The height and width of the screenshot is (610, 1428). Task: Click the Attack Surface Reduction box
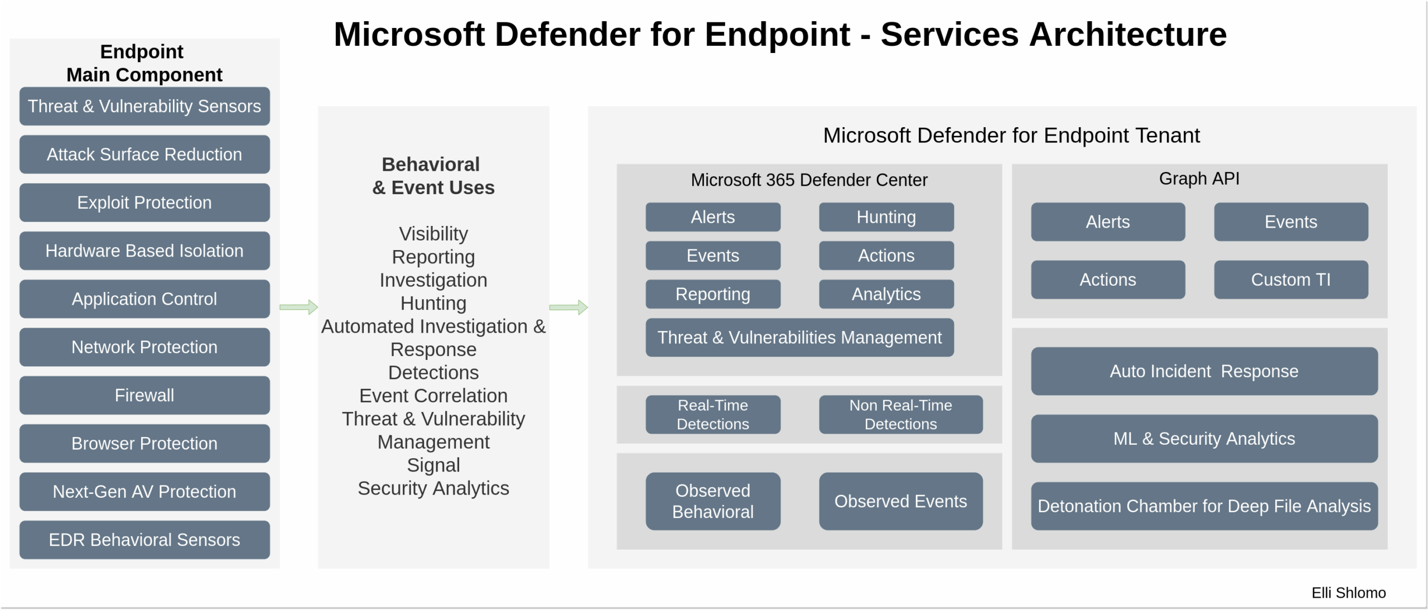tap(144, 155)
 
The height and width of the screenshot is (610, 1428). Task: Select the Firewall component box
tap(144, 395)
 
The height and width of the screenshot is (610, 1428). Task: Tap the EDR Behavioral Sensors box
tap(144, 540)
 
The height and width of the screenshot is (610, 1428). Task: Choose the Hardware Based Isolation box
tap(144, 251)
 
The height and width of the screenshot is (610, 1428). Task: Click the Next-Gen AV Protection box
tap(144, 492)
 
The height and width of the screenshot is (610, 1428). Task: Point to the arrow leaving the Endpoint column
tap(298, 307)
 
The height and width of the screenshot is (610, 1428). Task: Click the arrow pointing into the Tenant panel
tap(568, 307)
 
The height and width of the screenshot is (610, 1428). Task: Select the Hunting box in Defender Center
tap(886, 217)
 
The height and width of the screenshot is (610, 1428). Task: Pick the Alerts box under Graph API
tap(1107, 222)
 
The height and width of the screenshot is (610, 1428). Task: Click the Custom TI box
tap(1290, 280)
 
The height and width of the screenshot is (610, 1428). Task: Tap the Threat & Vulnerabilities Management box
tap(799, 338)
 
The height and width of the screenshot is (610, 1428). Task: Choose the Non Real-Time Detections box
tap(900, 415)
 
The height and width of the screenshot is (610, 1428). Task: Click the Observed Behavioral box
tap(712, 501)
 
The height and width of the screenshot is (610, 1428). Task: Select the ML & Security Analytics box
tap(1204, 439)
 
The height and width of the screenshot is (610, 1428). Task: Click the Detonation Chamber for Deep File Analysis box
tap(1204, 506)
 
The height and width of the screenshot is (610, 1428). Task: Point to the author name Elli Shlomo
tap(1348, 593)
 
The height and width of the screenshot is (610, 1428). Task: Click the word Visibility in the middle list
tap(433, 234)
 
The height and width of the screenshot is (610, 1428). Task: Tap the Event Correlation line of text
tap(433, 396)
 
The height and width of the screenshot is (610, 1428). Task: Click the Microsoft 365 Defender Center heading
tap(809, 180)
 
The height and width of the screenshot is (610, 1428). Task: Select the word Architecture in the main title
tap(1127, 35)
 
